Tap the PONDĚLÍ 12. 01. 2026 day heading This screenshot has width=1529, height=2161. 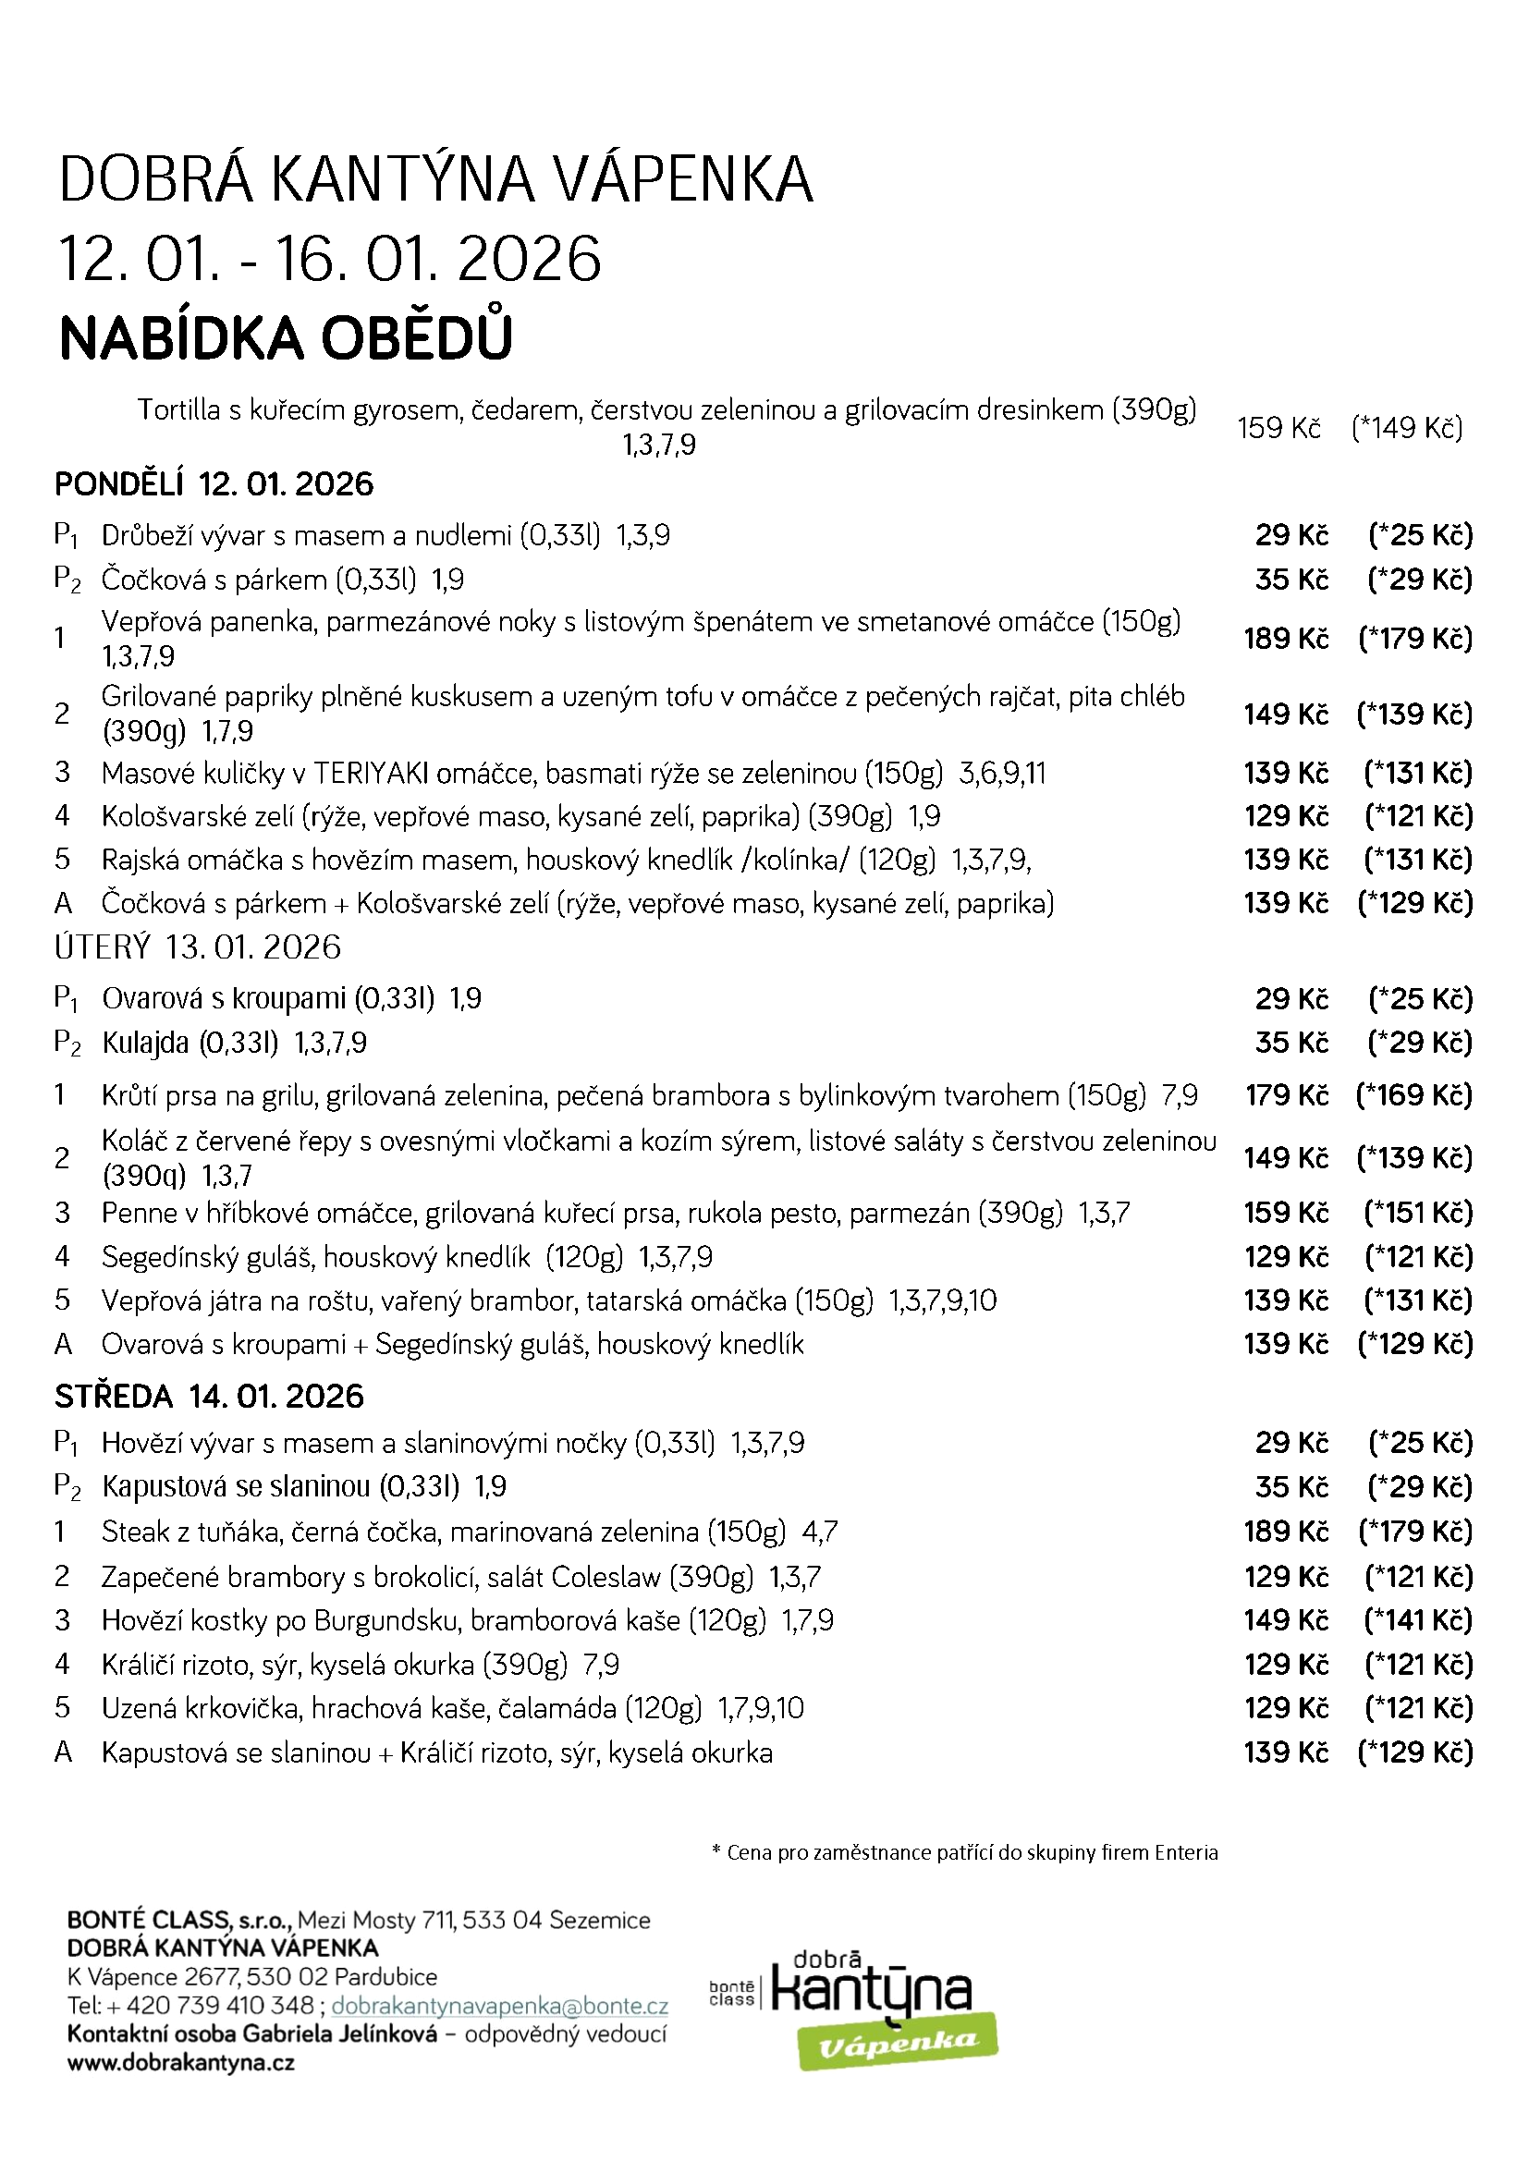pyautogui.click(x=214, y=484)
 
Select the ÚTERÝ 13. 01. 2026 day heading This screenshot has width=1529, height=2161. pyautogui.click(x=198, y=946)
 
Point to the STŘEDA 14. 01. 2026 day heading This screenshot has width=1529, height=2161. pyautogui.click(x=209, y=1396)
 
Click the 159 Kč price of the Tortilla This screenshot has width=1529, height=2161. pyautogui.click(x=1278, y=428)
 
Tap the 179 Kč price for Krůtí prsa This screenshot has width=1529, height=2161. pyautogui.click(x=1286, y=1094)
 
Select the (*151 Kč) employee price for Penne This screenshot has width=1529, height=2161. pyautogui.click(x=1418, y=1213)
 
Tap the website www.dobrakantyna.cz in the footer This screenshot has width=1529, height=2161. pyautogui.click(x=181, y=2063)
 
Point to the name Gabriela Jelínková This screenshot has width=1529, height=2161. pyautogui.click(x=340, y=2034)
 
